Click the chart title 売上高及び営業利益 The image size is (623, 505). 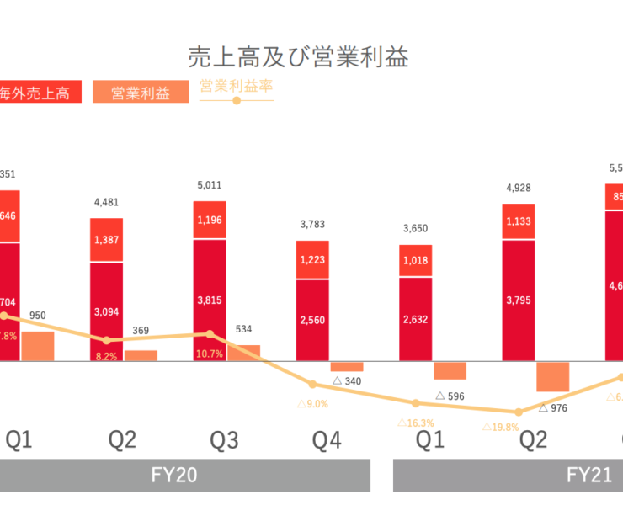(x=298, y=57)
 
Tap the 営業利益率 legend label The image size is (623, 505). (x=237, y=85)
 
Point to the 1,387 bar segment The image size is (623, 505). (x=107, y=240)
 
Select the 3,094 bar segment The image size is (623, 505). (x=107, y=312)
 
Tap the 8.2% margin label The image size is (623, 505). (x=107, y=356)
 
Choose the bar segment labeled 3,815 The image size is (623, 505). (x=210, y=300)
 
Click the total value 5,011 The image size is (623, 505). (x=210, y=184)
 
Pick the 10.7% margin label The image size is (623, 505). (x=210, y=353)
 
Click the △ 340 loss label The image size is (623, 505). (x=348, y=381)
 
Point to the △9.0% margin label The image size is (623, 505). (x=312, y=404)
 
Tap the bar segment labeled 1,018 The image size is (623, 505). (x=415, y=261)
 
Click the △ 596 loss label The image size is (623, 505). (x=450, y=396)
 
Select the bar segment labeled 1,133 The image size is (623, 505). (x=518, y=223)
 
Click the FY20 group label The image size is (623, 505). (x=175, y=475)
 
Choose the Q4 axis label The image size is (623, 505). (x=327, y=439)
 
